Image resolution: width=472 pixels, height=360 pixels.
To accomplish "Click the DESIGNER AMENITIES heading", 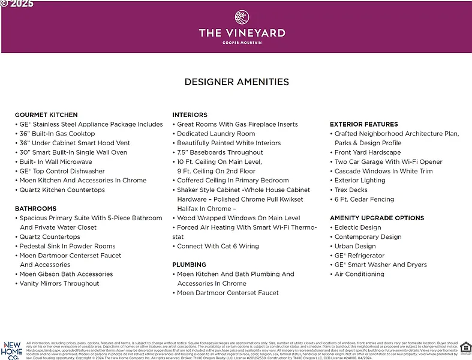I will [236, 82].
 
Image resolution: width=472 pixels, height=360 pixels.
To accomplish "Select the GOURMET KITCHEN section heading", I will [46, 115].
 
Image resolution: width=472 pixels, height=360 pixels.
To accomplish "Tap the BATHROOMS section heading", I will [36, 209].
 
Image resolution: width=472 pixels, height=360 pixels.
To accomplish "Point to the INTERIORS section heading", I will [190, 115].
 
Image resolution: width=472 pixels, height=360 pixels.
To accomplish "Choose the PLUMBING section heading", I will [190, 265].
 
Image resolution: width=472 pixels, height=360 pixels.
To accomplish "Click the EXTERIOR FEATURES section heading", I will [364, 124].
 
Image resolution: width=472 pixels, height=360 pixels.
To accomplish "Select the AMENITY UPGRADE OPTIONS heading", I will [377, 218].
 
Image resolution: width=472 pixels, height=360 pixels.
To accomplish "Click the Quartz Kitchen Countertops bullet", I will [62, 190].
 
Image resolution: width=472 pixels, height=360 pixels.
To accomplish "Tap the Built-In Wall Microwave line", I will [56, 162].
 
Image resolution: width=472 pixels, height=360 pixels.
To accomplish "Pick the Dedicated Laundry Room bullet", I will [216, 134].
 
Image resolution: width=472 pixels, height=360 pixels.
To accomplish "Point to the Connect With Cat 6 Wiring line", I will [218, 246].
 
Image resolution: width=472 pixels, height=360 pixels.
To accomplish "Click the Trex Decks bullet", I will [351, 190].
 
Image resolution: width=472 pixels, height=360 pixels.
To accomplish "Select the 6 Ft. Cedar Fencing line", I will [364, 199].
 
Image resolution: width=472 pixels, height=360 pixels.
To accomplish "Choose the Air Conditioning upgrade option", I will [359, 274].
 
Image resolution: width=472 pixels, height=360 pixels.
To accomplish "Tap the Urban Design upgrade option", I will [355, 246].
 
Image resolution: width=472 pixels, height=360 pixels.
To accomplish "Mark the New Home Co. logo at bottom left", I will [12, 349].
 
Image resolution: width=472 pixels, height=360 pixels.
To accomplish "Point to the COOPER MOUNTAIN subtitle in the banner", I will [242, 43].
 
